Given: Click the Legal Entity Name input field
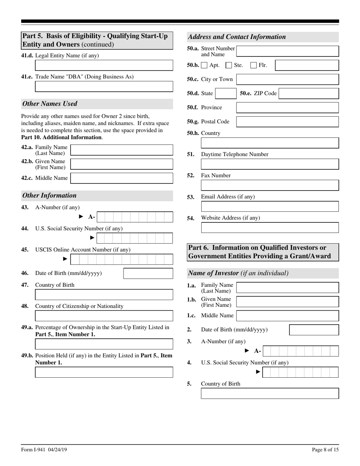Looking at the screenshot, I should [104, 66].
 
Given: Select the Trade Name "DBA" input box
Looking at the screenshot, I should [104, 87].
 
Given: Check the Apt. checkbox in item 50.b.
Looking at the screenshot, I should [204, 65].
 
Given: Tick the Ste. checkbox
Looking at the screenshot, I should [229, 65].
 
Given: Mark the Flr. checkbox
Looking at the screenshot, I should [254, 65].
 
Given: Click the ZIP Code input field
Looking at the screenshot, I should [308, 94].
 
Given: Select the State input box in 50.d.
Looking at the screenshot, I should [226, 94].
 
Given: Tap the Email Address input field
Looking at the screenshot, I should [269, 206].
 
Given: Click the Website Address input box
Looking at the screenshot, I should [269, 228].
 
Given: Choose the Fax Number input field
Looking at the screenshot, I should [269, 185].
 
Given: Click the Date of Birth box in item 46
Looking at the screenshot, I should [148, 274].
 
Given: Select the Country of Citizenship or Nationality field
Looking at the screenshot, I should [104, 316].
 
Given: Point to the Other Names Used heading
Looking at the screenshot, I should [50, 104].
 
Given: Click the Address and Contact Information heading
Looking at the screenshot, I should [237, 37].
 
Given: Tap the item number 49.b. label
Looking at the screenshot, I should [27, 356].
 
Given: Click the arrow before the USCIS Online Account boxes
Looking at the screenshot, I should [65, 259].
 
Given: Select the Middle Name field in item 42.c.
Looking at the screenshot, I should [122, 178].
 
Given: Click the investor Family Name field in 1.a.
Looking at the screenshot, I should [287, 288].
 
